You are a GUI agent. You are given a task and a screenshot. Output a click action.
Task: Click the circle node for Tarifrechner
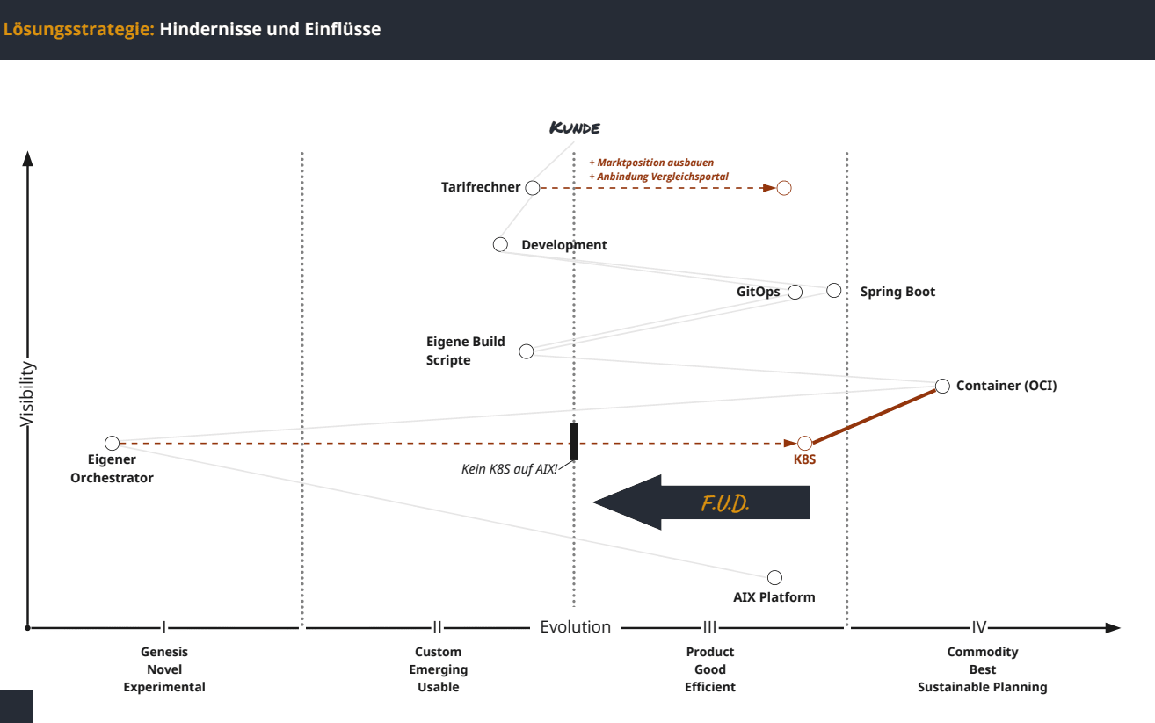point(532,187)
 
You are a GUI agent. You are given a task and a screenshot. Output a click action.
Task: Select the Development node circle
point(500,244)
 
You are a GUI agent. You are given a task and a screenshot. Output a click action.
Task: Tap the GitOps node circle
point(795,292)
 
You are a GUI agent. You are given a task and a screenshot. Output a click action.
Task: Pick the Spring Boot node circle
point(834,291)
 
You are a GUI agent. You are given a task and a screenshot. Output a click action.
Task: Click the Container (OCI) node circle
point(942,386)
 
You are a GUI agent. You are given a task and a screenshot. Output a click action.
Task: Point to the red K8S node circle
point(804,443)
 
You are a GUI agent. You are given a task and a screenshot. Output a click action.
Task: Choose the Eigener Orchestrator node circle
point(112,443)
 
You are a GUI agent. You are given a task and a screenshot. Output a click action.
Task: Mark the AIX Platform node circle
point(774,577)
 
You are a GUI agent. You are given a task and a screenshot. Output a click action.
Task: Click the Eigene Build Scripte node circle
point(527,351)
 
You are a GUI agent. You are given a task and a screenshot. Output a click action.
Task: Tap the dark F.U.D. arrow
point(703,502)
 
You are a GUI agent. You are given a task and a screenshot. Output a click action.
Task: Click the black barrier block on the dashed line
point(574,441)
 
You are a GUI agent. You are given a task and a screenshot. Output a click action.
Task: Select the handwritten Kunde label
point(575,128)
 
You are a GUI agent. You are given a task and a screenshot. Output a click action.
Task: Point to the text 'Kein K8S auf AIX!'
point(510,469)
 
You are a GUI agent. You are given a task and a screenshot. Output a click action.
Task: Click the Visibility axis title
point(26,394)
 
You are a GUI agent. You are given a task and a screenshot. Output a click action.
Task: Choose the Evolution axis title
point(575,627)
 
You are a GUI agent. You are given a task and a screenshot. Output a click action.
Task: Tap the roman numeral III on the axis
point(710,627)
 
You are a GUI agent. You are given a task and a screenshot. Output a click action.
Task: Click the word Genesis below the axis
point(164,652)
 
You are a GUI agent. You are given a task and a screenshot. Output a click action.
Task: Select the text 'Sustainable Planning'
point(983,687)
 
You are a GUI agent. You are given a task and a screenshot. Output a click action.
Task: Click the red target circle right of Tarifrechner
point(784,188)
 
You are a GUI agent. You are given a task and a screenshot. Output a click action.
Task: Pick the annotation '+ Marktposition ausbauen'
point(651,163)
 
